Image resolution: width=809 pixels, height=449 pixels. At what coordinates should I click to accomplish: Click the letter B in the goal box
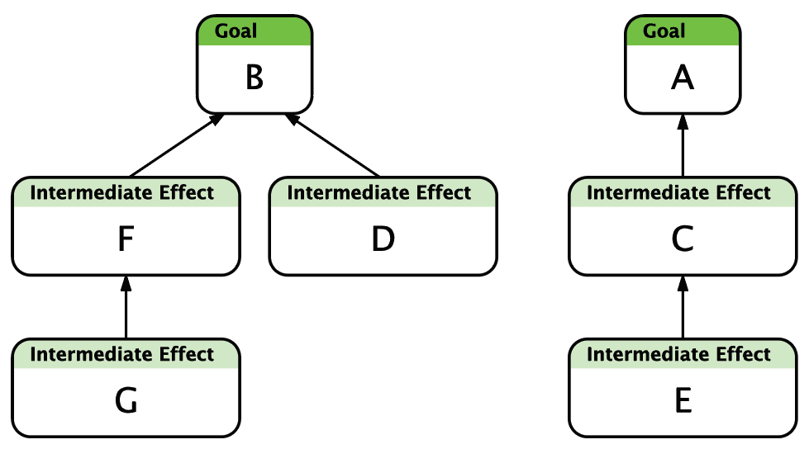coord(255,78)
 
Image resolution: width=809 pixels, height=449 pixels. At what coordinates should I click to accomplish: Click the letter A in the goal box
coord(683,78)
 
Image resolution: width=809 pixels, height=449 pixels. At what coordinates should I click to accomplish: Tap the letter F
coord(126,239)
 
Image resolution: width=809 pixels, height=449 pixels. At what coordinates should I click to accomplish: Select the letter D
coord(383,239)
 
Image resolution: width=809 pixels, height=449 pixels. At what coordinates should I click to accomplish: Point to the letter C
coord(683,239)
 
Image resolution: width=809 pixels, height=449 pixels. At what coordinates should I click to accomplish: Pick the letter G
coord(126,400)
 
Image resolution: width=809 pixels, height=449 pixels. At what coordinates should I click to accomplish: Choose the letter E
coord(683,400)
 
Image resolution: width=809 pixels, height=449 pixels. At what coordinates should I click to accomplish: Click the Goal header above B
coord(236,31)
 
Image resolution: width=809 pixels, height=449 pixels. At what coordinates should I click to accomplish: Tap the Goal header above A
coord(664,31)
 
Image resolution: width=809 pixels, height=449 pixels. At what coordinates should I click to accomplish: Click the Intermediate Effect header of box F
coord(121,192)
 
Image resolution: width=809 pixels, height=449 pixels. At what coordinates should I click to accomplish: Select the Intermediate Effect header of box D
coord(379,192)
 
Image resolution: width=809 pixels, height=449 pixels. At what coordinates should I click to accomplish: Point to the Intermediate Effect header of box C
coord(678,192)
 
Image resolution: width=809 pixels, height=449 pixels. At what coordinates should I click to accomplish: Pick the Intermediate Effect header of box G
coord(121,354)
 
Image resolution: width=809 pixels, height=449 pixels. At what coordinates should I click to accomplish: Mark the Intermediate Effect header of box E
coord(678,354)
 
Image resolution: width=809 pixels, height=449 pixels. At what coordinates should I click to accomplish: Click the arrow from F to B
coord(177,145)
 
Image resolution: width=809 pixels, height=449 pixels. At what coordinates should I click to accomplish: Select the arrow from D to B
coord(332,145)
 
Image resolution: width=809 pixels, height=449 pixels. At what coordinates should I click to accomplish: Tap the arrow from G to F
coord(126,307)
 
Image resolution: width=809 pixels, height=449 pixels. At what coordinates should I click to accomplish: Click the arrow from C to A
coord(683,145)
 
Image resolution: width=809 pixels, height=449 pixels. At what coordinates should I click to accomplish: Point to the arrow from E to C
coord(683,307)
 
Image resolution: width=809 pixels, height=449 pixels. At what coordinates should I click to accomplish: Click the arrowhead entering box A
coord(683,121)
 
